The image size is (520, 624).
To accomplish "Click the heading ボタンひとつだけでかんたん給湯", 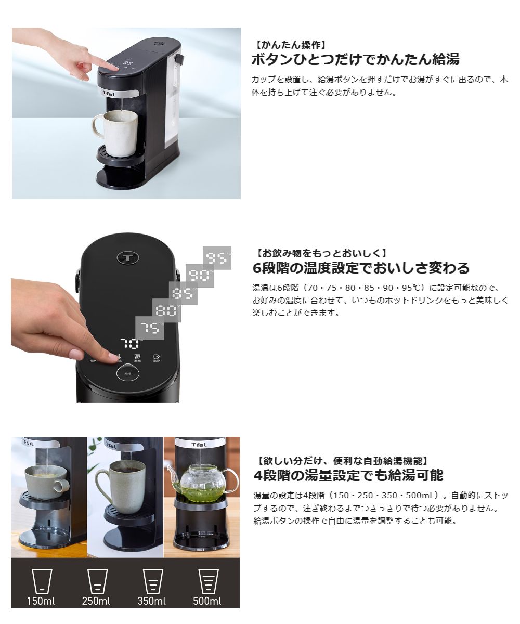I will pos(355,59).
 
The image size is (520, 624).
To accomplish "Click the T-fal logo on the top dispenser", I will pos(110,94).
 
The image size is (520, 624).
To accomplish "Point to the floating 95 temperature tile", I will pos(217,259).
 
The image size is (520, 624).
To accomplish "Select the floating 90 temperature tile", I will pos(200,275).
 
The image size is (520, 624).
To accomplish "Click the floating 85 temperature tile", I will pos(183,294).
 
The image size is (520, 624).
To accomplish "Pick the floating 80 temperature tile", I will pos(166,311).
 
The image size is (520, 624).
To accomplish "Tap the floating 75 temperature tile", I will pos(150,328).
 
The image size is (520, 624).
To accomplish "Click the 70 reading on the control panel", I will pos(131,343).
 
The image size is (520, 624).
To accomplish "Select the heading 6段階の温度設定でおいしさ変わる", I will pos(361,268).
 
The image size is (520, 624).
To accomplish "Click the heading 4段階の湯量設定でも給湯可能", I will pos(348,475).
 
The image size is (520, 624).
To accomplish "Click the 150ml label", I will pos(41,602).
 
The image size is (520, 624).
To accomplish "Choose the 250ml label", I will pos(96,602).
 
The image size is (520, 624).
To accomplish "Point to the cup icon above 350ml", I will pos(153,581).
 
